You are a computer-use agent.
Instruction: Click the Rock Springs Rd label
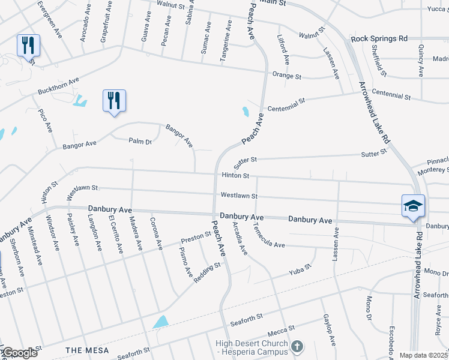coord(379,38)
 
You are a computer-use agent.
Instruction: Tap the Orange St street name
coord(286,76)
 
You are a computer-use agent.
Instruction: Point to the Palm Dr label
coord(140,141)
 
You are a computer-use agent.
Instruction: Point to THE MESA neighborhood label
coord(87,350)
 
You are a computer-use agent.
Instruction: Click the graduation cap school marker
coord(414,206)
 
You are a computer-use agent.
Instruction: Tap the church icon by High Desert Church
coord(297,346)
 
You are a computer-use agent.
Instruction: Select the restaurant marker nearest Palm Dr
coord(114,100)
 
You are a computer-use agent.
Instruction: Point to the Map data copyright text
coord(424,355)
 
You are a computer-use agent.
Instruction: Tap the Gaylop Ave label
coord(330,329)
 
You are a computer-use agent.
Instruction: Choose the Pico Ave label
coord(46,121)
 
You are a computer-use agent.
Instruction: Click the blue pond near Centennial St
coord(246,111)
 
